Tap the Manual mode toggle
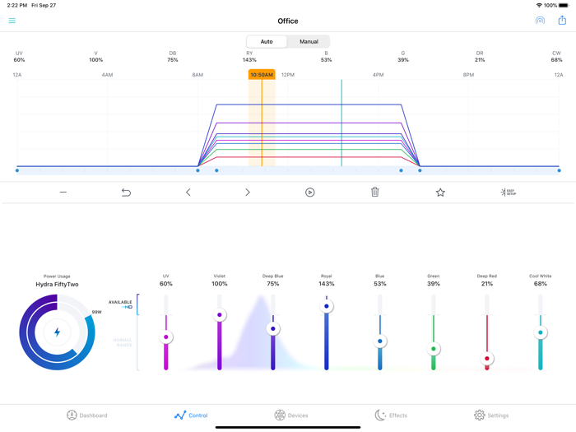[309, 41]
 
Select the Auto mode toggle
[267, 41]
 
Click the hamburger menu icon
[12, 21]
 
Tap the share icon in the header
[562, 21]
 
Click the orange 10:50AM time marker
[262, 75]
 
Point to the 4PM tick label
[378, 75]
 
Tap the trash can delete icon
[374, 192]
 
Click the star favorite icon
[440, 192]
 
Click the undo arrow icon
[126, 192]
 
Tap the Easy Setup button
[508, 192]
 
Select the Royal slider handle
[327, 306]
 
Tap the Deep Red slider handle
[487, 359]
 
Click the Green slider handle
[434, 349]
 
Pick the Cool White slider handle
[541, 332]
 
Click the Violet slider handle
[220, 315]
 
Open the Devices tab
[291, 416]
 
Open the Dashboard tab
[87, 416]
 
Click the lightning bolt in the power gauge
[57, 332]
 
